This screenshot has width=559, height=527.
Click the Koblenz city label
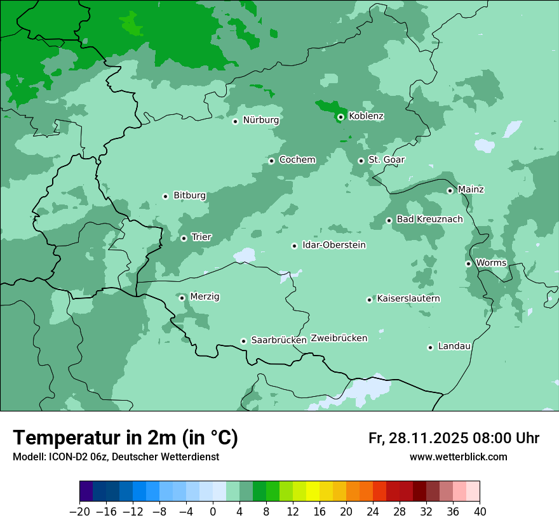click(x=366, y=116)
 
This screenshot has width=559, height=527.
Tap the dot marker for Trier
click(x=184, y=238)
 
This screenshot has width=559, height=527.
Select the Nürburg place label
click(x=260, y=120)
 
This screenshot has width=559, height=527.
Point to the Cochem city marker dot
click(x=271, y=161)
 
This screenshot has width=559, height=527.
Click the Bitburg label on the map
click(x=189, y=196)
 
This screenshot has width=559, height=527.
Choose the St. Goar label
click(x=386, y=160)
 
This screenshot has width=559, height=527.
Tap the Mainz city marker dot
click(x=450, y=190)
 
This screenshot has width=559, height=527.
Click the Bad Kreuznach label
click(x=429, y=220)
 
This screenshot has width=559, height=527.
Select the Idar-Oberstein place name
click(x=333, y=245)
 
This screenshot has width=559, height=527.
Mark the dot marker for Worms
click(x=468, y=263)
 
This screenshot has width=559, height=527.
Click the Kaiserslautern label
click(x=408, y=298)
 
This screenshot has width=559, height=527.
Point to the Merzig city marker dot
click(x=182, y=298)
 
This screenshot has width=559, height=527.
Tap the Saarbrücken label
click(x=279, y=340)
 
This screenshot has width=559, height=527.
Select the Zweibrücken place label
click(x=339, y=338)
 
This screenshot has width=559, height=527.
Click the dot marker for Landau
click(x=430, y=347)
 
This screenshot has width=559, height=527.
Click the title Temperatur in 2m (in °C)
click(x=125, y=438)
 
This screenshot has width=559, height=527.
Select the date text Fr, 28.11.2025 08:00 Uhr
click(x=454, y=438)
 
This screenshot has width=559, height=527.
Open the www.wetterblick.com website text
click(x=458, y=457)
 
